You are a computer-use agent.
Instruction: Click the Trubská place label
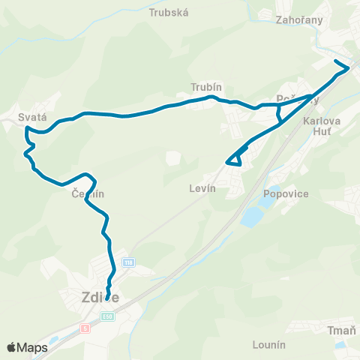point(169,13)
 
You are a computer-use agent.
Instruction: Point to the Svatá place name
point(33,117)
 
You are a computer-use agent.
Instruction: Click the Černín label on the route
point(88,193)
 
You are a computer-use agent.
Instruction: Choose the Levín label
point(202,189)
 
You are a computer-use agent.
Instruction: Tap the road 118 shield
point(129,262)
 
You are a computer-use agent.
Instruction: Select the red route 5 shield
point(86,327)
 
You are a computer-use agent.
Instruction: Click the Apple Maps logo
point(27,347)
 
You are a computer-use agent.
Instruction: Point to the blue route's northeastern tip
point(348,68)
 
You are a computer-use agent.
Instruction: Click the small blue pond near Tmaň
point(339,344)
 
